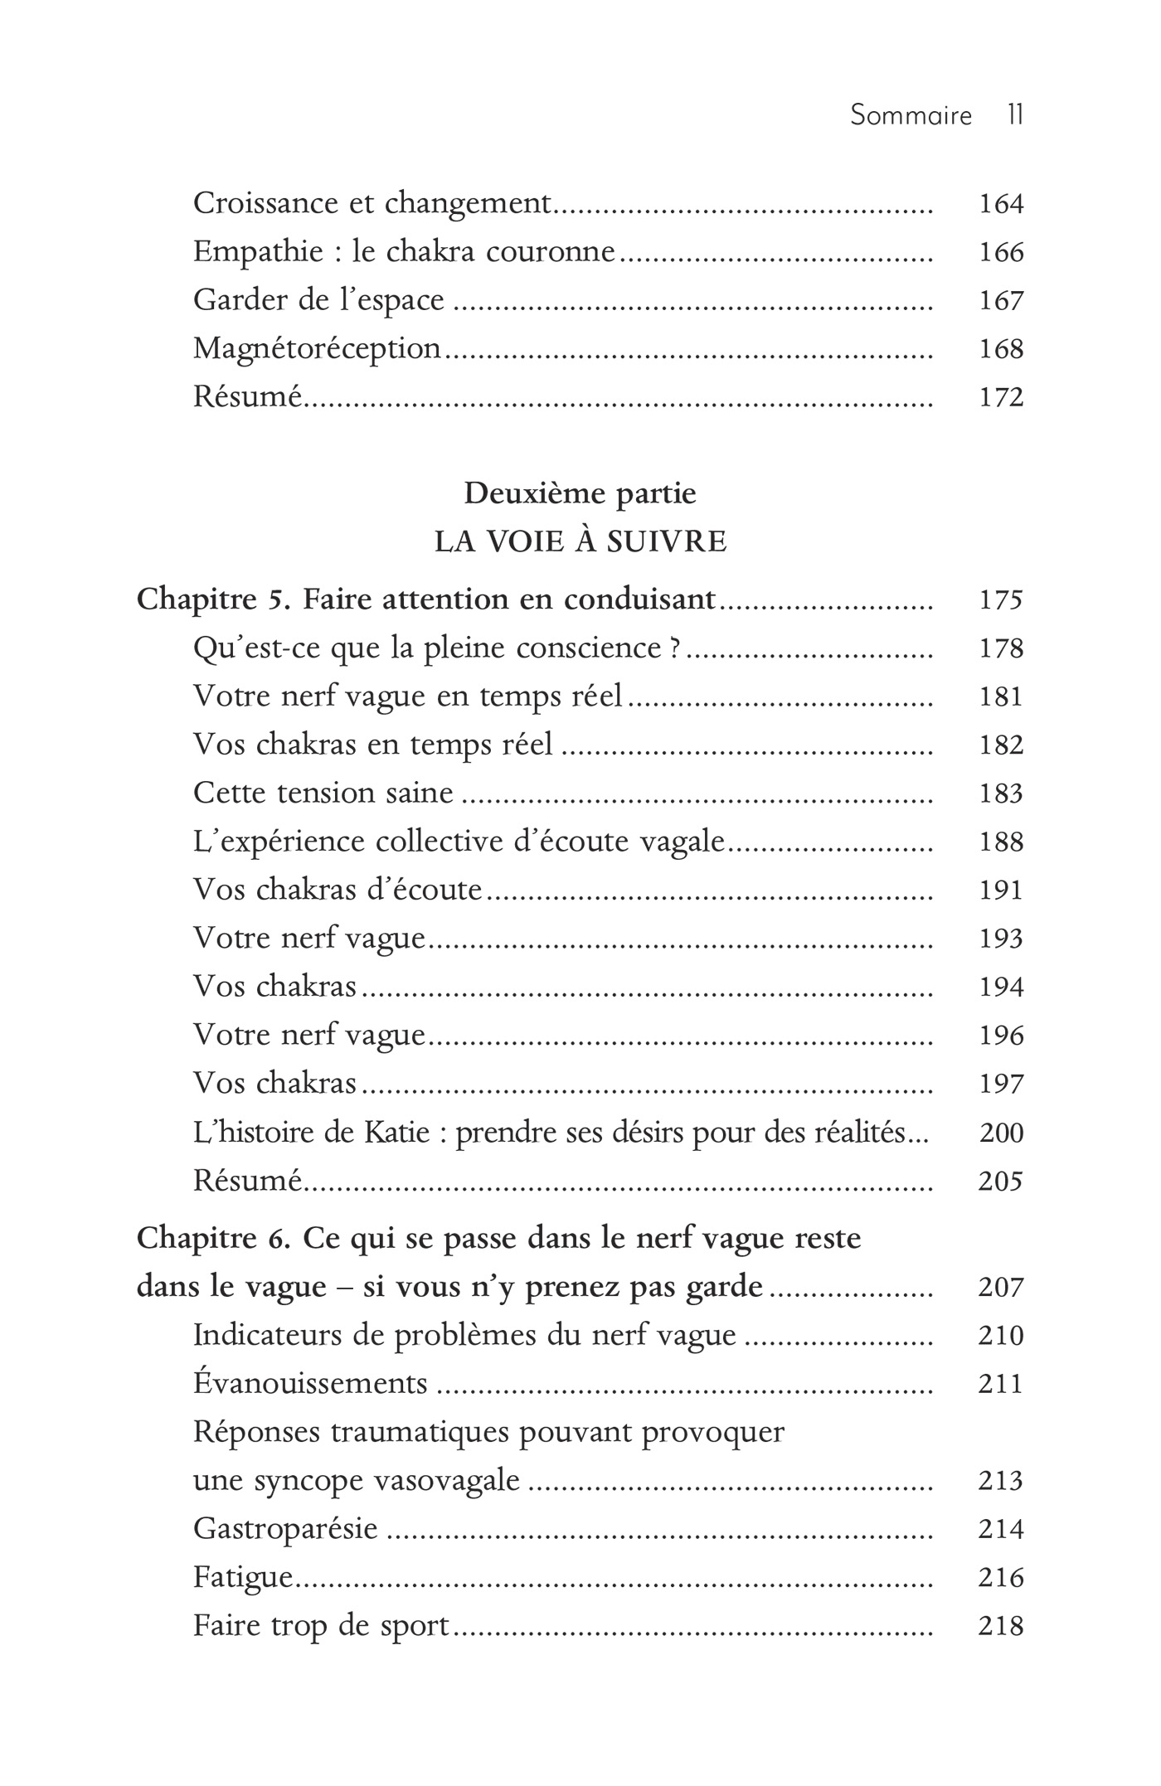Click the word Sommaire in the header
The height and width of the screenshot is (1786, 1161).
click(x=911, y=114)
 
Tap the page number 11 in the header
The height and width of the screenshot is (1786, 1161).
click(x=1015, y=114)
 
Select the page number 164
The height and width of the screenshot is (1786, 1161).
click(x=1001, y=204)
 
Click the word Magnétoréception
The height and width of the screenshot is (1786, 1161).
click(x=317, y=349)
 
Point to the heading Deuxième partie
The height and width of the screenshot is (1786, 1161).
click(x=580, y=493)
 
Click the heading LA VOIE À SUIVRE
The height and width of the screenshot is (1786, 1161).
click(x=580, y=541)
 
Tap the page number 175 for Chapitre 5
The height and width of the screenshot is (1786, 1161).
click(x=1001, y=599)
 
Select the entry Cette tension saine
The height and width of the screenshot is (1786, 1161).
click(x=323, y=793)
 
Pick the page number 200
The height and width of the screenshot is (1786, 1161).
click(x=1001, y=1132)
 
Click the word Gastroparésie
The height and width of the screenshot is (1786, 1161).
click(x=285, y=1528)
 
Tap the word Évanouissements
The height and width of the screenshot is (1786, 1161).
click(x=310, y=1383)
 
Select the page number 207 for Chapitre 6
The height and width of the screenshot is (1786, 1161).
click(x=1001, y=1287)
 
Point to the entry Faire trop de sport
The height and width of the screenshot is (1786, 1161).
click(x=321, y=1625)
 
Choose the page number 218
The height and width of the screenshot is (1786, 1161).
click(x=1001, y=1625)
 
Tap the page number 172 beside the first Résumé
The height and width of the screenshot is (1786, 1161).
click(x=1001, y=397)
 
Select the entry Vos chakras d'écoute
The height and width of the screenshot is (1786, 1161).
click(x=338, y=890)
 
